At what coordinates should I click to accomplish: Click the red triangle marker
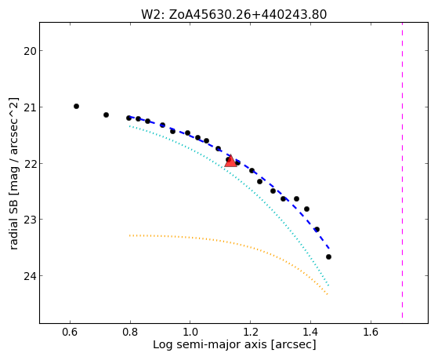(x=230, y=161)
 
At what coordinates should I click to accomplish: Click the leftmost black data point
(x=76, y=107)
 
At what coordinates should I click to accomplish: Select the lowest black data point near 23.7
(x=328, y=256)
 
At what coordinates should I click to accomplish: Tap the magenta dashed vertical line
(x=402, y=170)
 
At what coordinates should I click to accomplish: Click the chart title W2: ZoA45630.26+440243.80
(x=233, y=15)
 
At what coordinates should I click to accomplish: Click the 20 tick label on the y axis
(x=29, y=52)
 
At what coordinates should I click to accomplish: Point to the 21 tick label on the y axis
(x=29, y=108)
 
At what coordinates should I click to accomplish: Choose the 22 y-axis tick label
(x=29, y=164)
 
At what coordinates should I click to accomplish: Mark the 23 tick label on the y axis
(x=29, y=220)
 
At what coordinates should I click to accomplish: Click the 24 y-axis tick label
(x=29, y=277)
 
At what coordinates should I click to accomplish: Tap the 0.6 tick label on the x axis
(x=70, y=332)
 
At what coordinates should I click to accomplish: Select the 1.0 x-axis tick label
(x=190, y=332)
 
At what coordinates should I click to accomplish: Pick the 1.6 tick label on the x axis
(x=371, y=332)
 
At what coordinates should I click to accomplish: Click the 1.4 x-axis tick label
(x=310, y=332)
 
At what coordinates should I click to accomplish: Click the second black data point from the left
(x=106, y=115)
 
